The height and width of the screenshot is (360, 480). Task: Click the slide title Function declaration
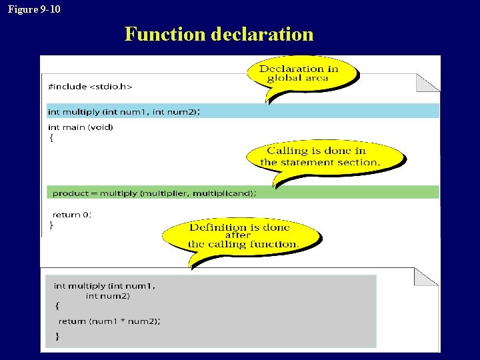(x=219, y=33)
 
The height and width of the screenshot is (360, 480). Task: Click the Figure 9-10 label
(x=33, y=9)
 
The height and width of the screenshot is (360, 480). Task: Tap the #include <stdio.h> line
(x=90, y=86)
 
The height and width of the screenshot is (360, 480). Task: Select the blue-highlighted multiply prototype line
(x=123, y=111)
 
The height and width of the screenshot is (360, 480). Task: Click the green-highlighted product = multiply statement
(x=153, y=193)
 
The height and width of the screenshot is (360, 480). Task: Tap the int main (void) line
(x=81, y=127)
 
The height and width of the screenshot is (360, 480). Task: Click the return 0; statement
(x=72, y=214)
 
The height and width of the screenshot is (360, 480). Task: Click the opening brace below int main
(x=51, y=138)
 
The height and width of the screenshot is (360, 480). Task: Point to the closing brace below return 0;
(x=51, y=225)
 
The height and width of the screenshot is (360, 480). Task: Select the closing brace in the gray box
(x=57, y=336)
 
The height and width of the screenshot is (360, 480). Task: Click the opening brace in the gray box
(x=57, y=306)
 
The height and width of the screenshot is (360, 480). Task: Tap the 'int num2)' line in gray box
(x=108, y=295)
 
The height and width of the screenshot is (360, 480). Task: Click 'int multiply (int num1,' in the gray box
(x=105, y=285)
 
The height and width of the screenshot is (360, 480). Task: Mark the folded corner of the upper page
(x=427, y=83)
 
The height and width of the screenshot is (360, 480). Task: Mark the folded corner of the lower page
(x=426, y=277)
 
